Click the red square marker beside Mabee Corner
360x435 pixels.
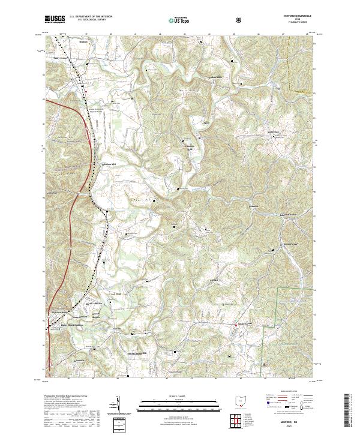tap(236, 325)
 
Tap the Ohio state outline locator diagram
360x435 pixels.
tap(241, 399)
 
